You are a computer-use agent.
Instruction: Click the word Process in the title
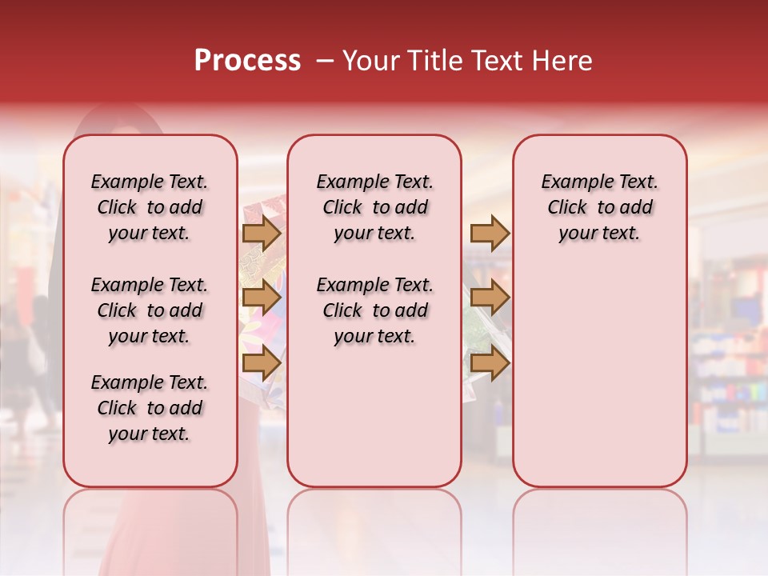coord(247,61)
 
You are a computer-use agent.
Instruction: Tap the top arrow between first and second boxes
coord(262,233)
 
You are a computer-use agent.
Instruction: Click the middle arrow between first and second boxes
coord(262,298)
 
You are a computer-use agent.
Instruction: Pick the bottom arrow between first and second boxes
coord(262,363)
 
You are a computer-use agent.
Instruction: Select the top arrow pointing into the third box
coord(490,233)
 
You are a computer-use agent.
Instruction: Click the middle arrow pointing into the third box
coord(490,298)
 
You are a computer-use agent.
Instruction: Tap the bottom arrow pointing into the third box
coord(490,363)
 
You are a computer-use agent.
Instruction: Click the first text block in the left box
coord(150,207)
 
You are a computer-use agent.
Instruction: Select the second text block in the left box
coord(150,310)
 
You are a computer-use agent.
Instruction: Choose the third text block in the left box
coord(150,408)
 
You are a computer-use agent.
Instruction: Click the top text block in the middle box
coord(374,207)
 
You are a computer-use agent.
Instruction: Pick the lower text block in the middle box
coord(374,310)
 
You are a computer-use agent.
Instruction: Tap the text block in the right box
coord(599,207)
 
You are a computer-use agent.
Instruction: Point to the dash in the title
coord(325,61)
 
